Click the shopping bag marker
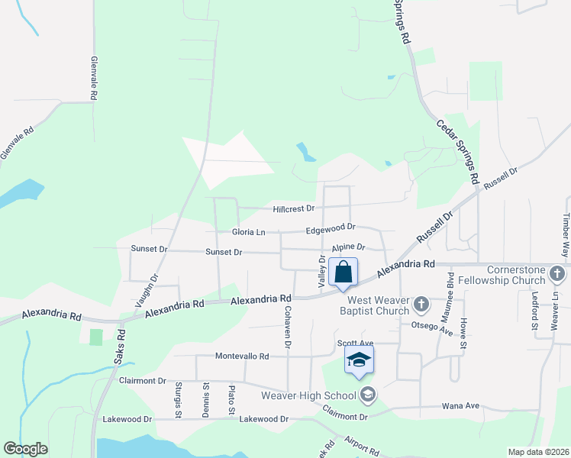point(344,273)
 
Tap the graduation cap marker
point(359,360)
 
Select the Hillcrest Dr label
point(294,208)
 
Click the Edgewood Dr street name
point(331,227)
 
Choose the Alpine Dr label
point(349,247)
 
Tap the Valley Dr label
point(321,272)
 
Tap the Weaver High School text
point(308,395)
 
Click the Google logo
point(25,449)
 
